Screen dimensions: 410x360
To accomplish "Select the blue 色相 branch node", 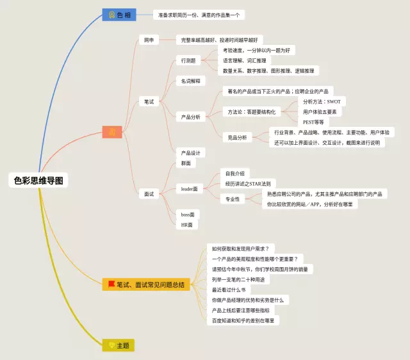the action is (119, 15).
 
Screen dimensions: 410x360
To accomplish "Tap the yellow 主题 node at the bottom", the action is (119, 345).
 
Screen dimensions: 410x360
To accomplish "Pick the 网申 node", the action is (149, 40).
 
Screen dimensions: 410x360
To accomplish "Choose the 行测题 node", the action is (188, 61).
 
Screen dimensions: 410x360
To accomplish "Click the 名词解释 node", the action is (190, 81).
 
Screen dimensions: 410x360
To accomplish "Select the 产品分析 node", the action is (190, 117).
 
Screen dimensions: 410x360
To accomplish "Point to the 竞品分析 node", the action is (237, 137).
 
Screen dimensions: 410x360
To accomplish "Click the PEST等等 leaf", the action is (313, 122).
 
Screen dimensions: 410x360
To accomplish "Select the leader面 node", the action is (190, 189).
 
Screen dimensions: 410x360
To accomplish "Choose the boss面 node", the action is (187, 214).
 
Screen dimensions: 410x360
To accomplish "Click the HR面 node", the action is (186, 225).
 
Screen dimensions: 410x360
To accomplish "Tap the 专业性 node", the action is (233, 199).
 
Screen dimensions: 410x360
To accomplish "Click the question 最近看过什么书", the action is (229, 290).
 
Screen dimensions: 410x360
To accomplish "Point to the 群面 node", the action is (185, 163).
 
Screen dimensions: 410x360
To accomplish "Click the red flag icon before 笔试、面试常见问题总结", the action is (111, 284).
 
